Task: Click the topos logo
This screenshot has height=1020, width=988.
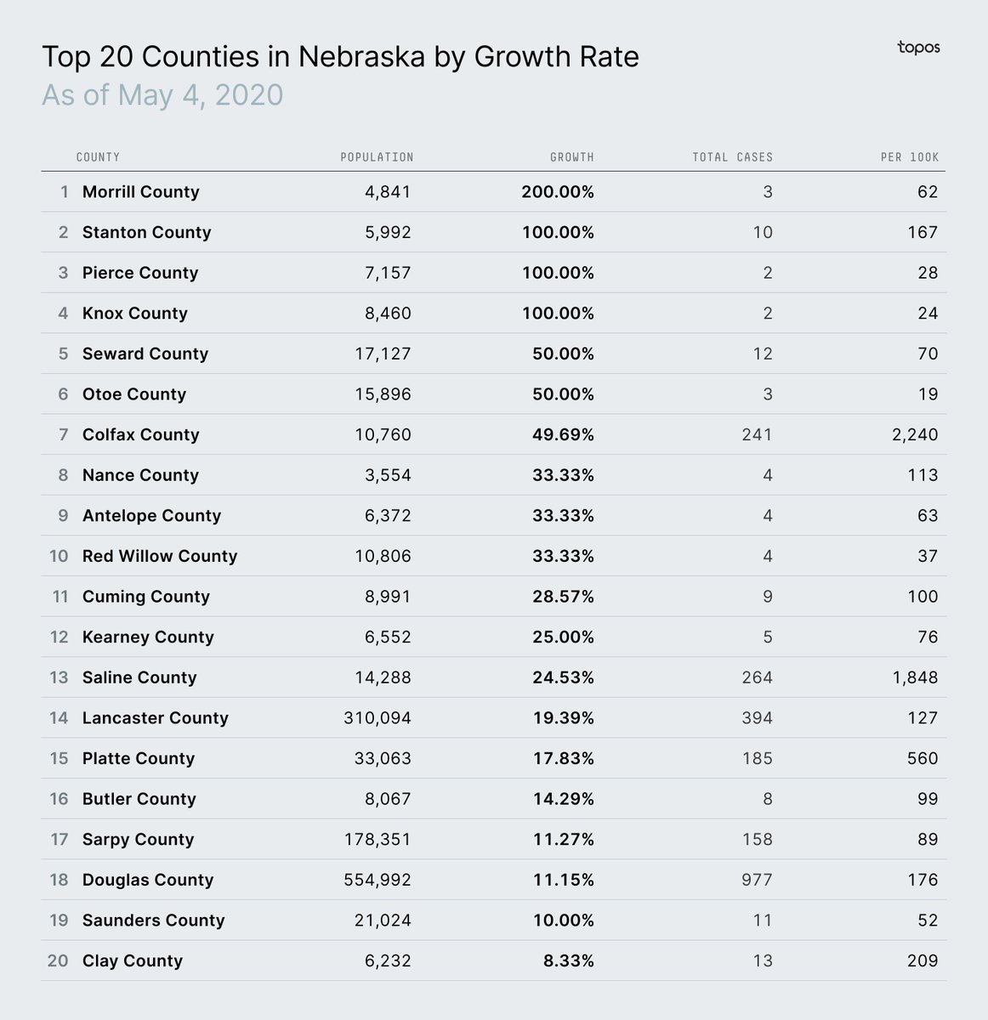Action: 918,48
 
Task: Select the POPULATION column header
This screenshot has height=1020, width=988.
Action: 377,157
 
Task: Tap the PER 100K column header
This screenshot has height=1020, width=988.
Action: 909,157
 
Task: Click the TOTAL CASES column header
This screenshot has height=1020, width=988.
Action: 732,157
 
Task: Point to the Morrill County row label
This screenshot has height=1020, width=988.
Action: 140,192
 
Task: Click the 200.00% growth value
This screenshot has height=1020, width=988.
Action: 558,192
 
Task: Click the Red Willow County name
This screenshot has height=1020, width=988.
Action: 160,557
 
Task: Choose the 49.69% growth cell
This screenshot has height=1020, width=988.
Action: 564,435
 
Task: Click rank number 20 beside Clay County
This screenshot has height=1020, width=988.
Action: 58,961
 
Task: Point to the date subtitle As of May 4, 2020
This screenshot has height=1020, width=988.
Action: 162,94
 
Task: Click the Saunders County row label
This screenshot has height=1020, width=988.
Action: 153,921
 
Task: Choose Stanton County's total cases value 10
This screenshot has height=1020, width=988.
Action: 763,233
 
